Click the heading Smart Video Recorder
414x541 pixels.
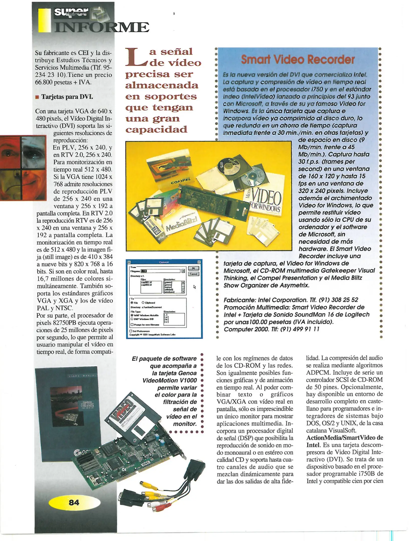point(298,60)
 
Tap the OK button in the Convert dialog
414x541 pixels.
point(193,268)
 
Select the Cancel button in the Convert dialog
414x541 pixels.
point(193,274)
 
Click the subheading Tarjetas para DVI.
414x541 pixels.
point(67,97)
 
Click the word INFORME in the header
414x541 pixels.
point(101,27)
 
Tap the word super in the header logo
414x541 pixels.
point(71,12)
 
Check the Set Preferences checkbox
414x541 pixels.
point(131,331)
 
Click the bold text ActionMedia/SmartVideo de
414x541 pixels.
point(344,438)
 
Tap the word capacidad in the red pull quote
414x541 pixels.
point(156,129)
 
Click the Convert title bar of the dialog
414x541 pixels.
point(164,262)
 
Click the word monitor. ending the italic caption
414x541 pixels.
point(185,424)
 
